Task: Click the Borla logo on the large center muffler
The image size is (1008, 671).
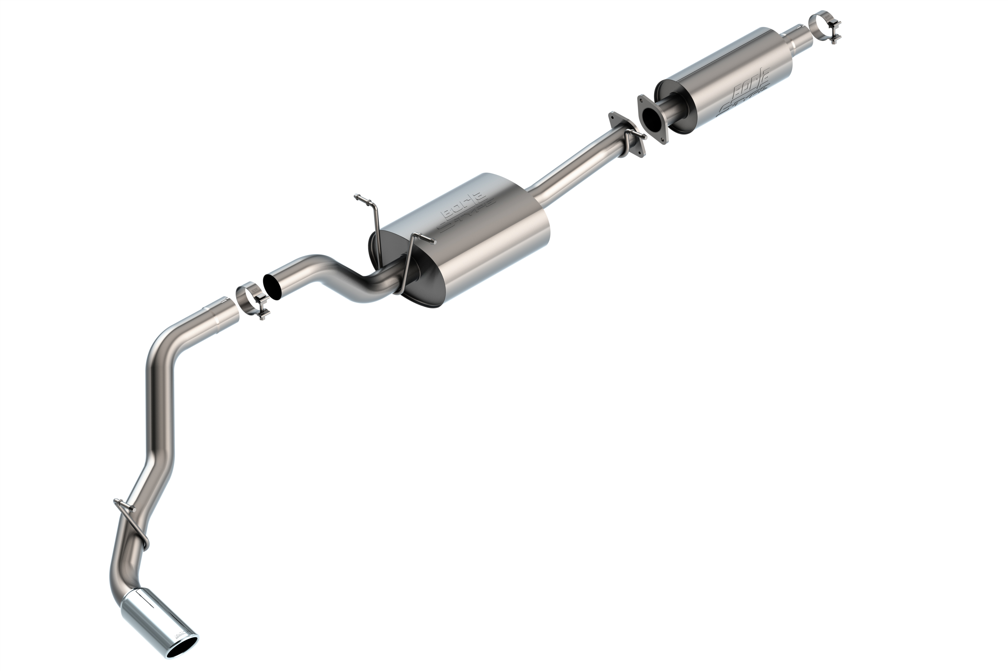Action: point(466,210)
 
